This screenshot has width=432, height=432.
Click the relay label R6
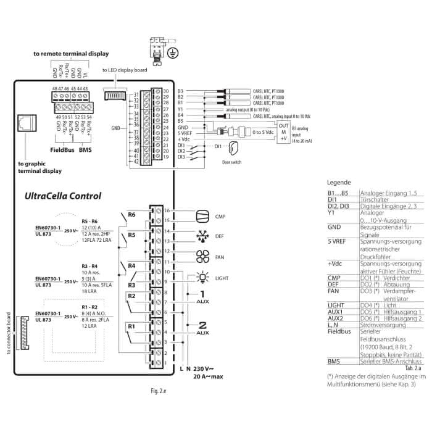click(x=131, y=215)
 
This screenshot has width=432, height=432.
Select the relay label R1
click(x=131, y=326)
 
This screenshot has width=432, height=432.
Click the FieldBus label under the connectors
click(x=62, y=149)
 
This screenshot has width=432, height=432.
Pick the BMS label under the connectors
click(x=85, y=149)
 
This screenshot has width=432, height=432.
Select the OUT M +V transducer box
click(x=283, y=131)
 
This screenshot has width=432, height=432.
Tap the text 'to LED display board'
click(x=124, y=70)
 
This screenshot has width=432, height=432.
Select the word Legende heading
click(x=339, y=183)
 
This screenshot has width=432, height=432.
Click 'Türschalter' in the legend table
click(x=375, y=199)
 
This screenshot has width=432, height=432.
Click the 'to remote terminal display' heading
click(x=71, y=54)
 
